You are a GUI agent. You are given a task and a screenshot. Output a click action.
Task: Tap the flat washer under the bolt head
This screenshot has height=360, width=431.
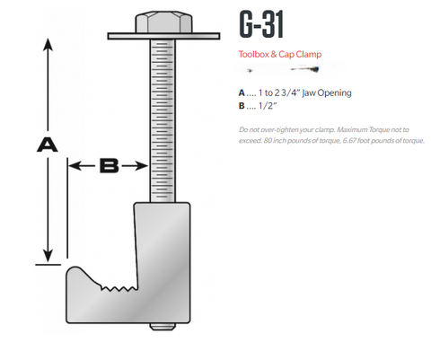click(x=163, y=36)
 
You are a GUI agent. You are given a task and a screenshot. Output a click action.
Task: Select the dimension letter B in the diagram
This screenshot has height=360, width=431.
click(x=109, y=165)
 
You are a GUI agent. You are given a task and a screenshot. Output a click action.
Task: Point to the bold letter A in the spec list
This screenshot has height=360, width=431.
click(x=241, y=92)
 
